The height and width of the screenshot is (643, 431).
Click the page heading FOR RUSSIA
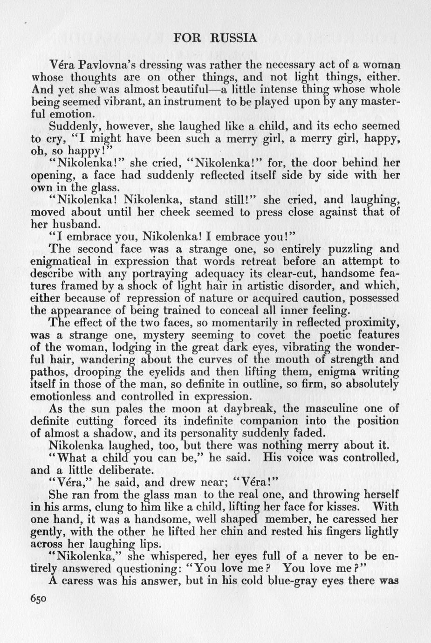[215, 38]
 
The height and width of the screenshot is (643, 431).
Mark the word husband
[74, 224]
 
